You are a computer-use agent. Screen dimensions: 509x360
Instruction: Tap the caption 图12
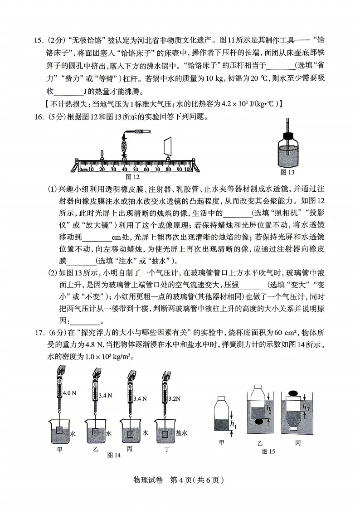(x=132, y=177)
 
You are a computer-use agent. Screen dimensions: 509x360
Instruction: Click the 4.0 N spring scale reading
(x=70, y=393)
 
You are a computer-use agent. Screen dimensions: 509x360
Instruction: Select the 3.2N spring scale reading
(x=175, y=399)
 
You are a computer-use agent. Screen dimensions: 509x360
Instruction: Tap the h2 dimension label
(x=269, y=410)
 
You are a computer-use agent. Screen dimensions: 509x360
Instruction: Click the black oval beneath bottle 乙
(x=259, y=422)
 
